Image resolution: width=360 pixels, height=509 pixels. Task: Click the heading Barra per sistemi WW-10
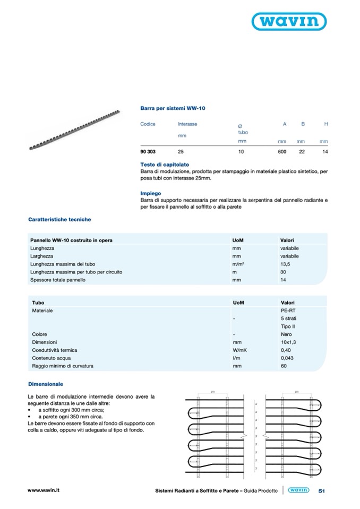[173, 108]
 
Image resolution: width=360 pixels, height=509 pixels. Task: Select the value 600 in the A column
[282, 152]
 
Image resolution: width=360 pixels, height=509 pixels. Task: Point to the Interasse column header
[187, 124]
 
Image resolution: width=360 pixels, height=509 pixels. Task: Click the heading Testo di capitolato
[165, 165]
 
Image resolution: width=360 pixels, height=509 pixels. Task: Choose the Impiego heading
[151, 194]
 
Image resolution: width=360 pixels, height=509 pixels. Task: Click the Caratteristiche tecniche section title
[59, 219]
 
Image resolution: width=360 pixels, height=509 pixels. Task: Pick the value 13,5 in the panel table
[286, 264]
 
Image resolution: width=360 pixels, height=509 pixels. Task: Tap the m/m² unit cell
[238, 264]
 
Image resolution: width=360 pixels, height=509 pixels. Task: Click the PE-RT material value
[287, 310]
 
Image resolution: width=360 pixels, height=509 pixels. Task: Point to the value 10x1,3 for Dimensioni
[288, 342]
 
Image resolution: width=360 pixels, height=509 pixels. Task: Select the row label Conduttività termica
[55, 350]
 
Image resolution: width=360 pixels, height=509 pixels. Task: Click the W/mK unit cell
[237, 350]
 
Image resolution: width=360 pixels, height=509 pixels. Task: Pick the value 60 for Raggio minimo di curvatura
[283, 366]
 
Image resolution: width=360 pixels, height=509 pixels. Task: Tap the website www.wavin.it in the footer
[43, 490]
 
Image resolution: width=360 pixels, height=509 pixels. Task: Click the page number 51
[321, 491]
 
